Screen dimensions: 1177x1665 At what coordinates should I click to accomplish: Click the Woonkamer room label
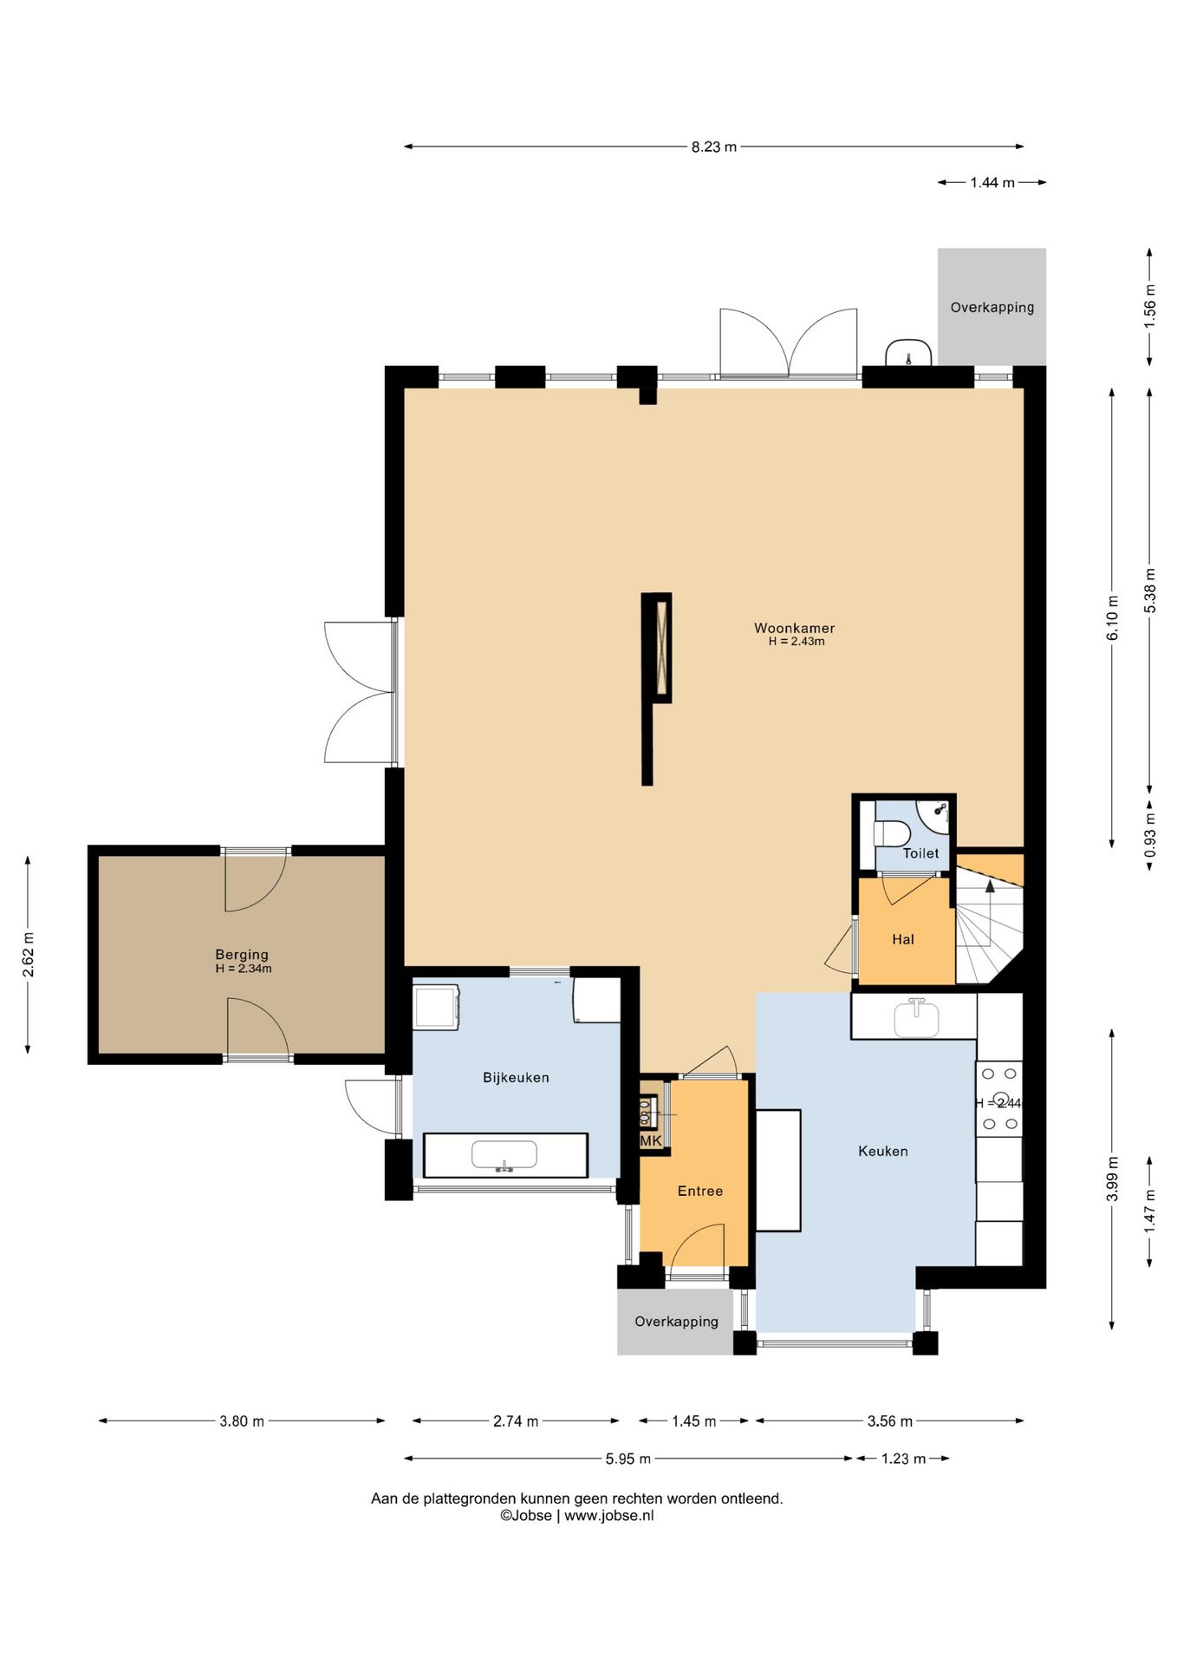[x=794, y=628]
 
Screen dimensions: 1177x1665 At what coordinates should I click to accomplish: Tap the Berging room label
[x=242, y=955]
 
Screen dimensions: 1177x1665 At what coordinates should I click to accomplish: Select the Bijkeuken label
[x=516, y=1078]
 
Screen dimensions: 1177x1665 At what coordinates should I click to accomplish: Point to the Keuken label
[x=883, y=1151]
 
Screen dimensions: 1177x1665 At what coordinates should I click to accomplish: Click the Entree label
[x=700, y=1191]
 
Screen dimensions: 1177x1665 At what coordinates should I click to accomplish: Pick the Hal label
[x=903, y=939]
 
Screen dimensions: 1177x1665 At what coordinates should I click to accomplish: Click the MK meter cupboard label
[x=651, y=1141]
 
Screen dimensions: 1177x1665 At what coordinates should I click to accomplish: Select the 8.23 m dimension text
[x=714, y=147]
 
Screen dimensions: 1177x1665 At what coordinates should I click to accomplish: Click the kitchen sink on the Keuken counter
[x=916, y=1017]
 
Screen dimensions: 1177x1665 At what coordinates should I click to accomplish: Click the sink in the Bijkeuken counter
[x=504, y=1155]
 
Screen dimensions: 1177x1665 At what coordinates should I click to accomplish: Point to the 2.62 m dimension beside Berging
[x=29, y=955]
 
